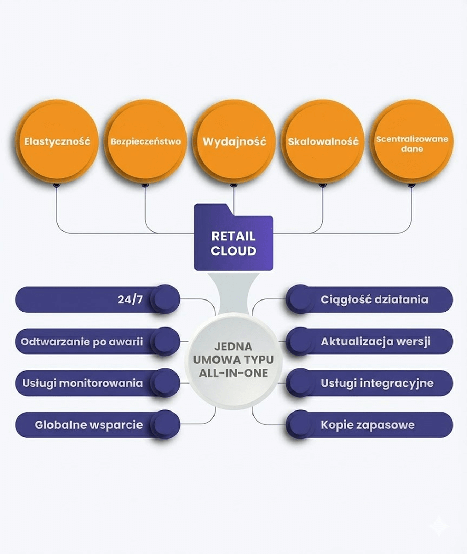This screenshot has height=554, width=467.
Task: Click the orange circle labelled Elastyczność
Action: tap(57, 141)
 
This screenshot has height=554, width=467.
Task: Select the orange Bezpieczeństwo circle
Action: tap(145, 141)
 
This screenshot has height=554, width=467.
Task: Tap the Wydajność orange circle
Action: tap(234, 141)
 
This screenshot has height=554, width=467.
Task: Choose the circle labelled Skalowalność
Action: tap(323, 141)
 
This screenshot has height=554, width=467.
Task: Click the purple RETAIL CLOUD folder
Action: tap(233, 239)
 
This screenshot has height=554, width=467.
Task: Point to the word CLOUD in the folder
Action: tap(233, 251)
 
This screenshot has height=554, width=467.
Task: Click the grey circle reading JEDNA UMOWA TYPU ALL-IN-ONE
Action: tap(233, 360)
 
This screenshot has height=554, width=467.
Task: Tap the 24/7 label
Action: tap(130, 299)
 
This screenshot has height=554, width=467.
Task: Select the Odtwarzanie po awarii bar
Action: tap(82, 342)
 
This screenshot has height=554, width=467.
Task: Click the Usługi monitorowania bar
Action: tap(83, 383)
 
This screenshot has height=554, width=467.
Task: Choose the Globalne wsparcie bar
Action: tap(89, 425)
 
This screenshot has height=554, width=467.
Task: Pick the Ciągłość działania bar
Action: tap(374, 299)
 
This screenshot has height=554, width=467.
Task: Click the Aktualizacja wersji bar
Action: tap(375, 342)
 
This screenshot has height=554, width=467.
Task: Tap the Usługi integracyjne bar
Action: tap(377, 383)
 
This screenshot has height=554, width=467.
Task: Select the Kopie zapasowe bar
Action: tap(368, 425)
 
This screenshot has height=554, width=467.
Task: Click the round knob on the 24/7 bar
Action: tap(165, 299)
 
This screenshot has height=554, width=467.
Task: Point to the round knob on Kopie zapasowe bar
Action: tap(300, 424)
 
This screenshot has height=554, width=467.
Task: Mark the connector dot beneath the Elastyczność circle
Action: tap(56, 185)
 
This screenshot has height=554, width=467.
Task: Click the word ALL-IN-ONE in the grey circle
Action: tap(233, 373)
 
